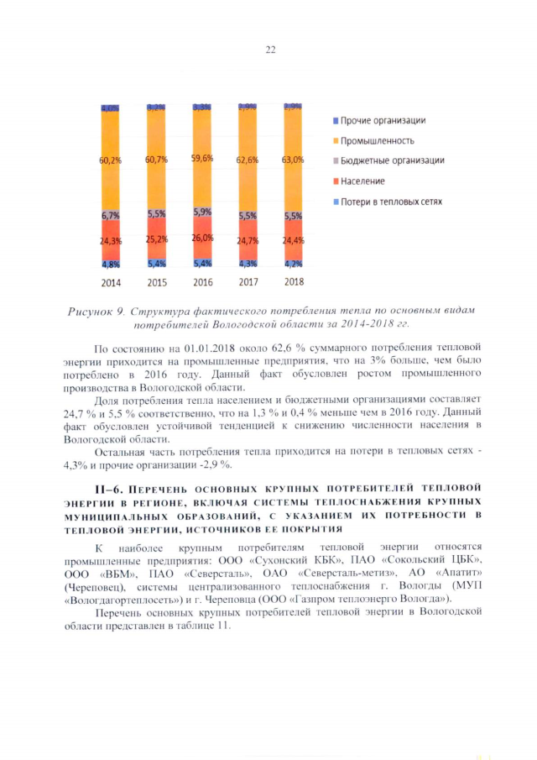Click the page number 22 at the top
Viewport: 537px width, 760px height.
[x=270, y=50]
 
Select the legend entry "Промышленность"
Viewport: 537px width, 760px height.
[x=378, y=140]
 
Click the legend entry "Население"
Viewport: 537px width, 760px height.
[x=363, y=181]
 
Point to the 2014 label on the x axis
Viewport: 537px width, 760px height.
[x=110, y=282]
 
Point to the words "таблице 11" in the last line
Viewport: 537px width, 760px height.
[x=196, y=626]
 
